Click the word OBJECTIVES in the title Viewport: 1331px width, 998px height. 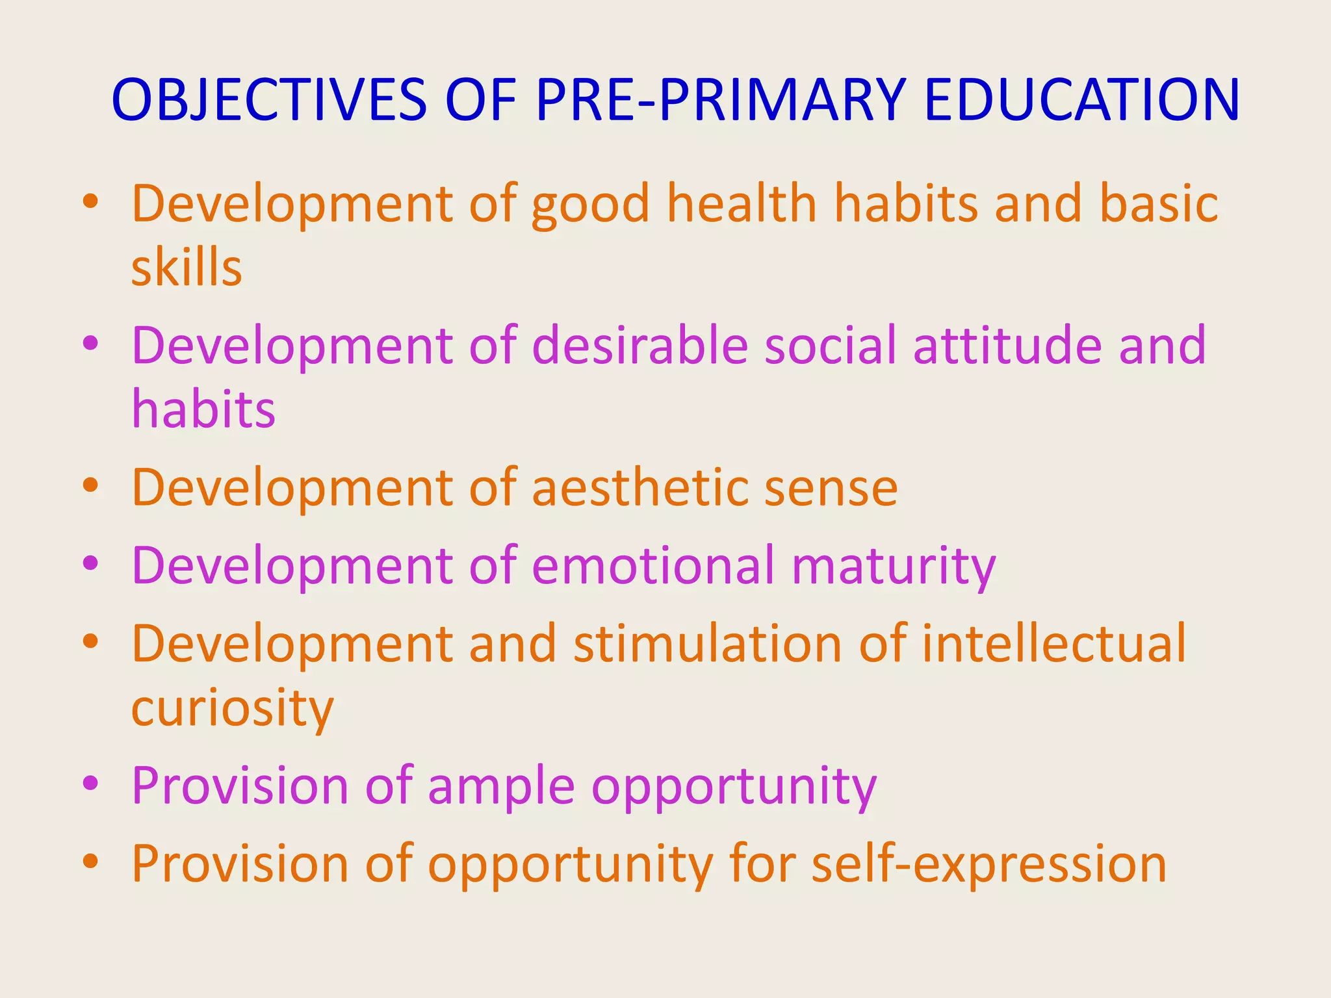(268, 100)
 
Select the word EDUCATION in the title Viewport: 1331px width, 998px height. (1081, 100)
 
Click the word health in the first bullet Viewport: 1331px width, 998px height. (742, 203)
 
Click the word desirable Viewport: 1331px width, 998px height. (640, 345)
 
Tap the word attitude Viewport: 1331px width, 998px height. (1007, 345)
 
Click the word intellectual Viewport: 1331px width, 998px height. (1053, 643)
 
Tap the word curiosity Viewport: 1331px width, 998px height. (232, 708)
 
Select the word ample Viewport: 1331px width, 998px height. (501, 786)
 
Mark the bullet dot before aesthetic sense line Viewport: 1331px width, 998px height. (90, 485)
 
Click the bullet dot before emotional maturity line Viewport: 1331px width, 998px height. (90, 563)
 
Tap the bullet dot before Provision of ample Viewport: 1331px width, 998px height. (90, 784)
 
